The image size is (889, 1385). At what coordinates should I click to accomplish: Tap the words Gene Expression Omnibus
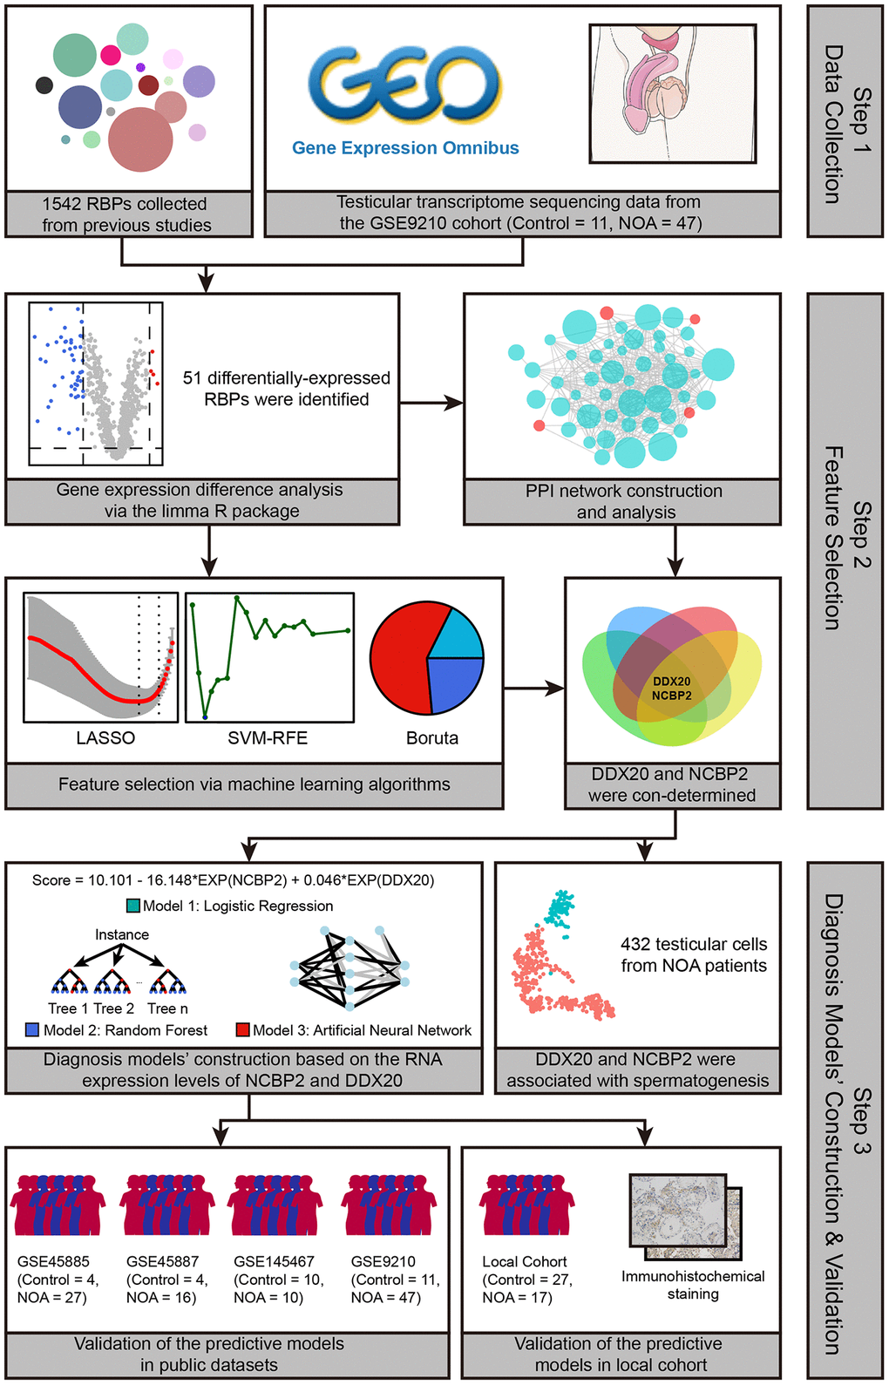(x=405, y=148)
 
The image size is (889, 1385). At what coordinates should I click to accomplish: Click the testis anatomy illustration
(x=672, y=93)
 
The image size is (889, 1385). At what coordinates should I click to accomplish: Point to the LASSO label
(x=105, y=738)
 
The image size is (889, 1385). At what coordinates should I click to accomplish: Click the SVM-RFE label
(x=268, y=738)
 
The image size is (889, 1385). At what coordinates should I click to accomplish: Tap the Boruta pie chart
(x=426, y=658)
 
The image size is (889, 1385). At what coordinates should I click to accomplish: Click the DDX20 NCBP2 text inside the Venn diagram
(x=672, y=689)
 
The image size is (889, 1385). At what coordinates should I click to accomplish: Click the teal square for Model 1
(x=133, y=906)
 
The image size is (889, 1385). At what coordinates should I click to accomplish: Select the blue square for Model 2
(x=33, y=1030)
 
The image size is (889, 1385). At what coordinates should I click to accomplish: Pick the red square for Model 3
(x=243, y=1030)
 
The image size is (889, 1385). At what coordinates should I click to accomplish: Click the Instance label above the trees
(x=122, y=934)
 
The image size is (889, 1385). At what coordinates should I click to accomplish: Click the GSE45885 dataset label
(x=53, y=1261)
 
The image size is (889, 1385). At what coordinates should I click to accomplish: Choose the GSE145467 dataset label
(x=274, y=1261)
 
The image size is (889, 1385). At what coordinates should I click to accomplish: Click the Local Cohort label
(x=525, y=1261)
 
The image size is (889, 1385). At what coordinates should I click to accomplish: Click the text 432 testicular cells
(x=694, y=944)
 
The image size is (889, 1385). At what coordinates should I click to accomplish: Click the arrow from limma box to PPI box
(x=431, y=403)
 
